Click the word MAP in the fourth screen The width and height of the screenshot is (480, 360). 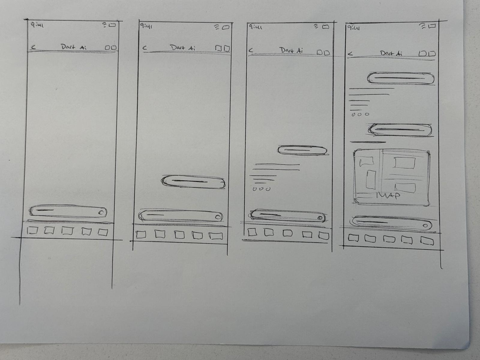pos(388,196)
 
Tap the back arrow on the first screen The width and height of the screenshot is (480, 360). pos(34,47)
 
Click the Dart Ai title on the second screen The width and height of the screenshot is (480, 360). pos(182,48)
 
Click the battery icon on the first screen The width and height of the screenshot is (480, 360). pos(112,25)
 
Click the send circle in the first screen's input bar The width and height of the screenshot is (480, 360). pos(101,213)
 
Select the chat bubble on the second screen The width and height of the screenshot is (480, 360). pos(193,181)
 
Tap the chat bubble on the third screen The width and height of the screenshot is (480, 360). pos(302,150)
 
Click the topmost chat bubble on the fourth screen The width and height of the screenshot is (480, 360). pos(400,78)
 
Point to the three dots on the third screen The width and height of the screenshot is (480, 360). pos(261,189)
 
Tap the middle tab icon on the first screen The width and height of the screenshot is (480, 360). pos(67,231)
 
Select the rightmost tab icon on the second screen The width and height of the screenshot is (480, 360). pos(216,236)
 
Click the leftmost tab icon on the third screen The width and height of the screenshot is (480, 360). pos(252,232)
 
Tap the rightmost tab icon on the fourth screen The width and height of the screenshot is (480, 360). pos(427,241)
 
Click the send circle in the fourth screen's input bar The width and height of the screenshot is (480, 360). pos(425,226)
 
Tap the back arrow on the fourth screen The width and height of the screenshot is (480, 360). pos(350,53)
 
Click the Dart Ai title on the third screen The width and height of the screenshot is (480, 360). pos(292,50)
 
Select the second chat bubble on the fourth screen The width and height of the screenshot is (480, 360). pos(400,130)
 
